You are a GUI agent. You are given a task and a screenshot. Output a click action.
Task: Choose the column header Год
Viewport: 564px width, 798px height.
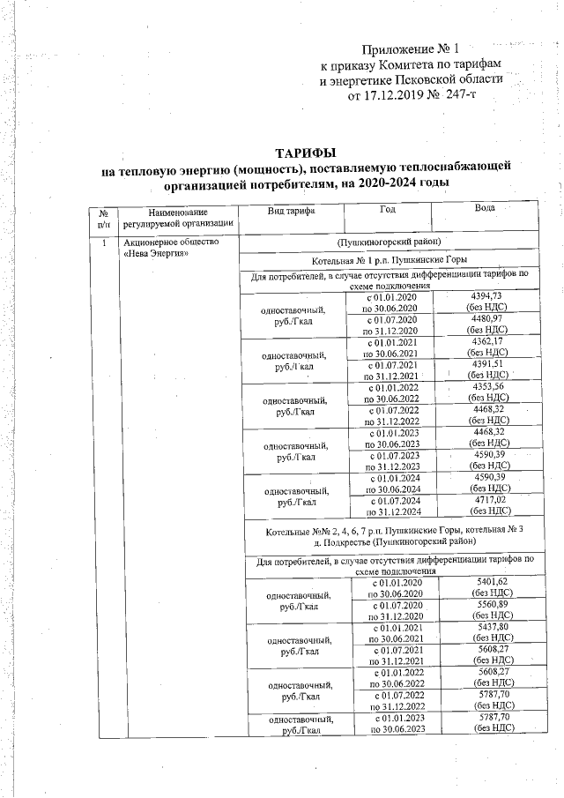(388, 212)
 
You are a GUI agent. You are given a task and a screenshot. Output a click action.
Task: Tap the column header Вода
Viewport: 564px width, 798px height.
(484, 209)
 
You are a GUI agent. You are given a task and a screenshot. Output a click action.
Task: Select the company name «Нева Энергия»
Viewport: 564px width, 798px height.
(159, 254)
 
